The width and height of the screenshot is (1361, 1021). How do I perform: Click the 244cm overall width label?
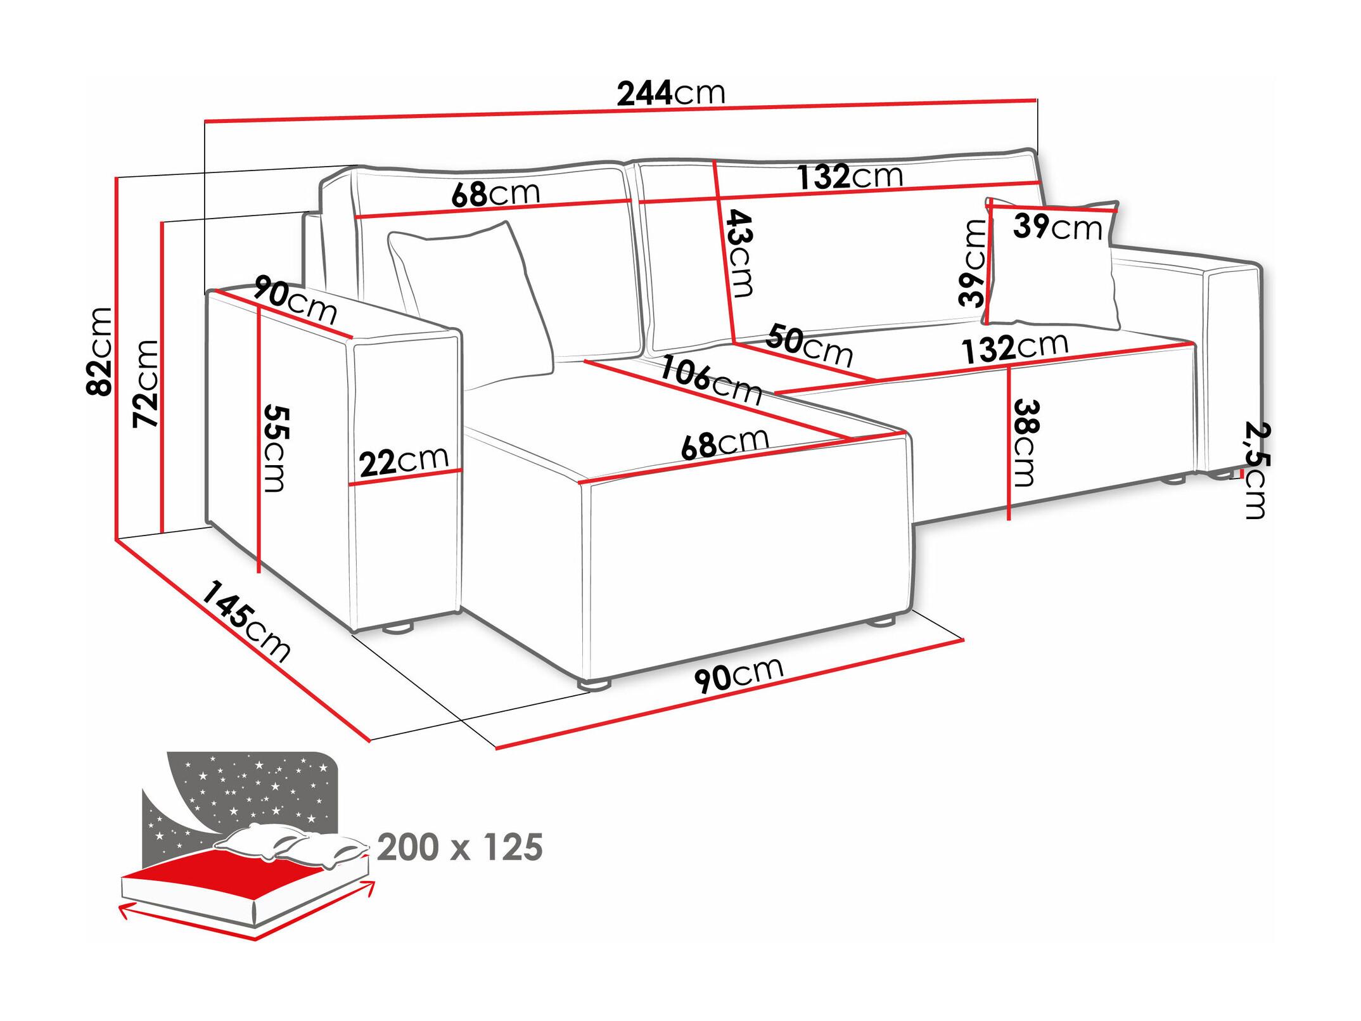click(671, 94)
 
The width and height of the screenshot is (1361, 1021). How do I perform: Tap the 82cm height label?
click(100, 351)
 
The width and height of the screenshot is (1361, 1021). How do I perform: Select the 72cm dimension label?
click(146, 383)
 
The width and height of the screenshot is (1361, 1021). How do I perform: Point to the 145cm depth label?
click(246, 620)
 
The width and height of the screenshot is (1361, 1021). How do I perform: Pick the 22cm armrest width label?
click(404, 461)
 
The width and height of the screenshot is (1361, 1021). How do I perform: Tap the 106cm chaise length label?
click(710, 382)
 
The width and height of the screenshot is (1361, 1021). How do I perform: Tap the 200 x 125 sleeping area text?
click(460, 847)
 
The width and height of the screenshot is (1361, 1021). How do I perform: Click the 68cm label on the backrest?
click(495, 194)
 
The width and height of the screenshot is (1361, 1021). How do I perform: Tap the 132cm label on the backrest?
click(850, 176)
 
